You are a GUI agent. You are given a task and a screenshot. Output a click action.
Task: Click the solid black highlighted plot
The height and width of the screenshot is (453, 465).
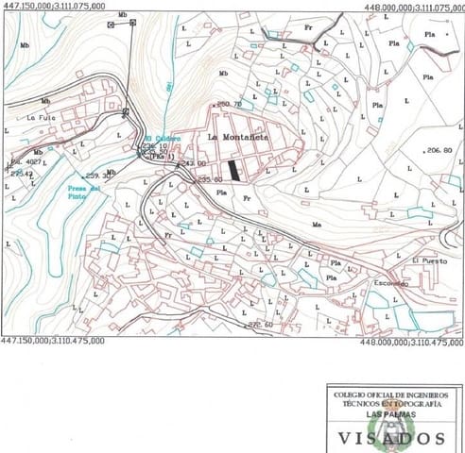pyautogui.click(x=235, y=167)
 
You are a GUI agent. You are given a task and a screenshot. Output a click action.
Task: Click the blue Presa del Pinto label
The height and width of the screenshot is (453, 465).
pyautogui.click(x=83, y=192)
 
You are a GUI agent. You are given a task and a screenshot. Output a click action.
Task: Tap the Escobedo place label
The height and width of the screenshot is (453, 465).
pyautogui.click(x=389, y=283)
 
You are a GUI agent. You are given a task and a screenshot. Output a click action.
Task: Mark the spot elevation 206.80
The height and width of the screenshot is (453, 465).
pyautogui.click(x=439, y=150)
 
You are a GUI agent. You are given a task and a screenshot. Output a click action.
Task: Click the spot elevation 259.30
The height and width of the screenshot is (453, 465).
pyautogui.click(x=98, y=176)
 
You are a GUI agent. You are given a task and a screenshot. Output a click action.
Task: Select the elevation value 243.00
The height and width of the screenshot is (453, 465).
pyautogui.click(x=194, y=162)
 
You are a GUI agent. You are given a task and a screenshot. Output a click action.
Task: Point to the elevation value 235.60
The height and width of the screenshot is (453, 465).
pyautogui.click(x=208, y=179)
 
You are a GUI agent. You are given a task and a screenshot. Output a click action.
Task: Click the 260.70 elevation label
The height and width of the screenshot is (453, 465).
pyautogui.click(x=230, y=103)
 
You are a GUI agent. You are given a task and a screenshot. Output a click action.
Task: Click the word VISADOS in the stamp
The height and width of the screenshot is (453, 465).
pyautogui.click(x=392, y=437)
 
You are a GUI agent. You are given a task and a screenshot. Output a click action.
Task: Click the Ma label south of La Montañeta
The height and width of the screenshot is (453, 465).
pyautogui.click(x=318, y=225)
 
